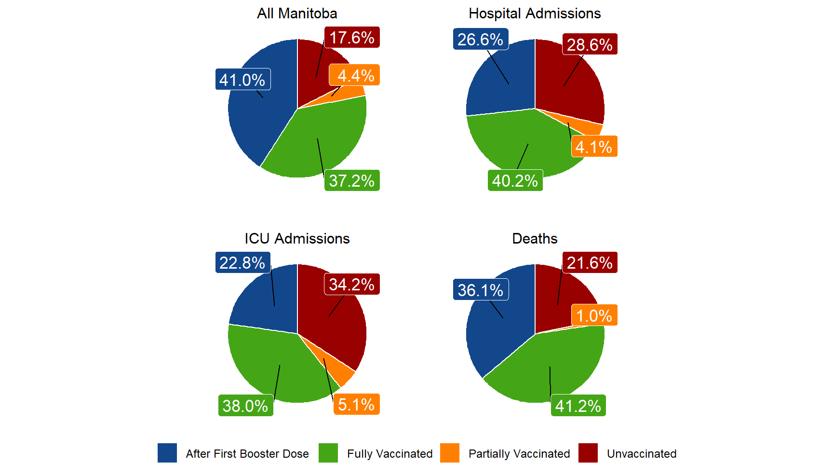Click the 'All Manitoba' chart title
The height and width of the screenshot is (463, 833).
pos(297,14)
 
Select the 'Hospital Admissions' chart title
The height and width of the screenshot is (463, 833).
pos(535,14)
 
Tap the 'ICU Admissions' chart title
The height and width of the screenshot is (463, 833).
pos(297,239)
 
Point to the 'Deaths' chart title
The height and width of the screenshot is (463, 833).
pos(535,239)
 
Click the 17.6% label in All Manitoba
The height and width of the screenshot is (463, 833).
pos(352,38)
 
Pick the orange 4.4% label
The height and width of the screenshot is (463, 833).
pos(355,75)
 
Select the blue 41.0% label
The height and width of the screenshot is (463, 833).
pos(242,80)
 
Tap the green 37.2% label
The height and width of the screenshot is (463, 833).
pos(352,181)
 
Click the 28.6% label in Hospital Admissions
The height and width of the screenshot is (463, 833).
pos(590,44)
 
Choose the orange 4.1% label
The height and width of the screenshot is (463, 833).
pos(594,147)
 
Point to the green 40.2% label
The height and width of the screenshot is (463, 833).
pos(515,181)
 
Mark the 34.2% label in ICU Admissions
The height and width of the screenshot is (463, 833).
pos(352,285)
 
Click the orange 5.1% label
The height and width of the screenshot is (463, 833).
pos(356,405)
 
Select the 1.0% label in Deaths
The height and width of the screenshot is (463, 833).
pos(594,316)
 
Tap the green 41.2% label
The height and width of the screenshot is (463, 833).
pos(578,406)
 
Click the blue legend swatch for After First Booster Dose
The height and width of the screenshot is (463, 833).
pos(167,453)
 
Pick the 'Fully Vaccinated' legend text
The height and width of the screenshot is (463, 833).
pos(390,454)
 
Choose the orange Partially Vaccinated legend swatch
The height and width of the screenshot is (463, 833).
pos(450,453)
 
